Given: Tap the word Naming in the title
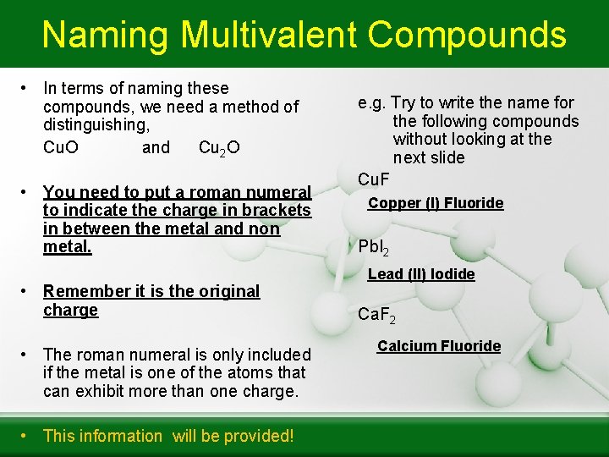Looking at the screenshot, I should [105, 35].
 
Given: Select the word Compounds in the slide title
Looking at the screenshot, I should [467, 35].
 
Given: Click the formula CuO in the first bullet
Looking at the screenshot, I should [61, 147].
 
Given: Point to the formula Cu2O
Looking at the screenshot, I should [218, 148].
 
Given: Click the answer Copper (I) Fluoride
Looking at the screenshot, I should [436, 203].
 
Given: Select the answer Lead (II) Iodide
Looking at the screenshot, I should [421, 274].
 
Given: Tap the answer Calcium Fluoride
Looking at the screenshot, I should [439, 346].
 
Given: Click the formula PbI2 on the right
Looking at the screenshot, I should [374, 248].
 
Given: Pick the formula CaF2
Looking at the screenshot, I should [376, 316].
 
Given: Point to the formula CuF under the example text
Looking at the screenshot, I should [374, 179].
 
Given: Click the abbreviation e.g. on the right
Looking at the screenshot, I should [371, 102].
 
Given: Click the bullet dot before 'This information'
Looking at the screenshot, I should [27, 435].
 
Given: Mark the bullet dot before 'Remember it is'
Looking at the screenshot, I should [27, 291].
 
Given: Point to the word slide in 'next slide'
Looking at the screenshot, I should [447, 157].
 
